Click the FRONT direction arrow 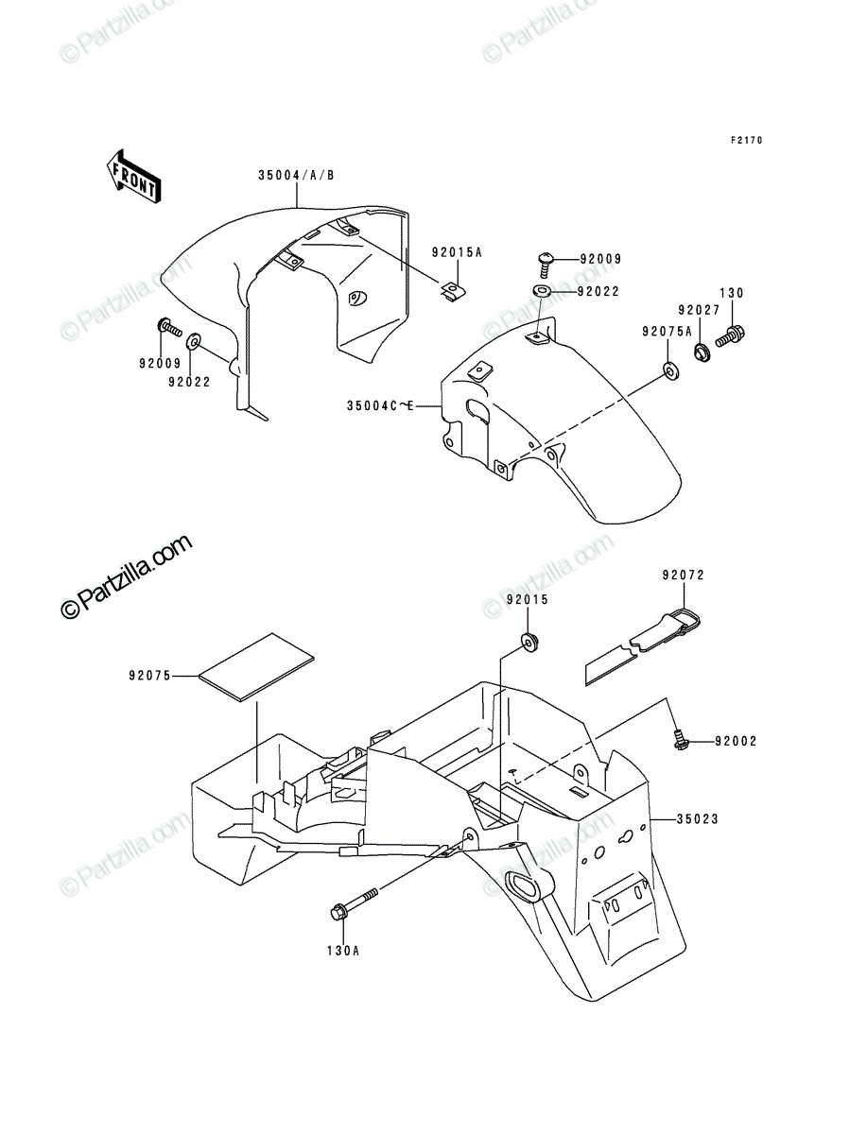tap(132, 177)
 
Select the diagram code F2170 tap(747, 140)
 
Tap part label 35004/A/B tap(296, 176)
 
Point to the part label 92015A tap(457, 252)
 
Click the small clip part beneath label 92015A tap(451, 291)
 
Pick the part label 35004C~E tap(380, 405)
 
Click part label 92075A tap(667, 331)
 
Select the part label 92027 tap(699, 310)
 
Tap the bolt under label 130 tap(730, 336)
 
